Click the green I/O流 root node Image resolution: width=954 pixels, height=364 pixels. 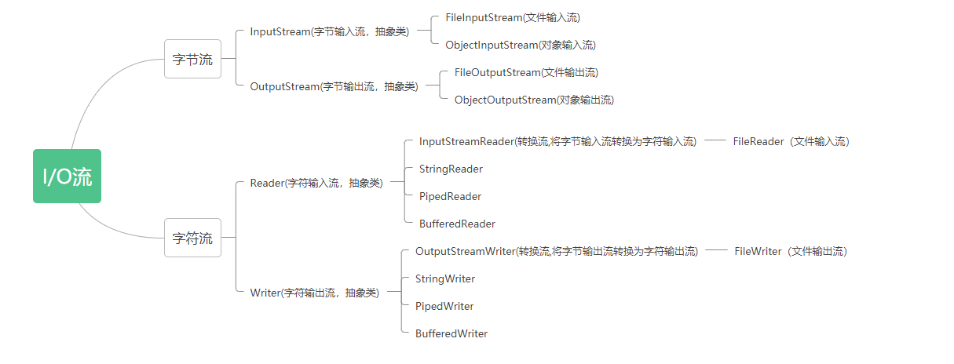67,177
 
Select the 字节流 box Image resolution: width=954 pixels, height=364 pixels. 192,60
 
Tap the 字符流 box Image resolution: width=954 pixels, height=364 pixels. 192,238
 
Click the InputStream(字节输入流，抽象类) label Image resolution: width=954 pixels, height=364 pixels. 329,31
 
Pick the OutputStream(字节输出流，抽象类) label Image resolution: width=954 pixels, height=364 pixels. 334,86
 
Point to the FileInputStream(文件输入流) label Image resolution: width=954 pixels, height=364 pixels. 513,17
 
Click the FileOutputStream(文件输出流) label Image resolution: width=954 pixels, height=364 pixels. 526,72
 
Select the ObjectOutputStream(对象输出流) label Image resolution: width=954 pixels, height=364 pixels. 534,100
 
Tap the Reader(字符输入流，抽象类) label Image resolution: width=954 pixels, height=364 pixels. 316,183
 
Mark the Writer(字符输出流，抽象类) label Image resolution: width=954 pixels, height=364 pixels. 314,293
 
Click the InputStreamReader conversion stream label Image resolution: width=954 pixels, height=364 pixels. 557,141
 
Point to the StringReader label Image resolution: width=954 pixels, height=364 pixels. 451,169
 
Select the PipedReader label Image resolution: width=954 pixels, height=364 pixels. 450,196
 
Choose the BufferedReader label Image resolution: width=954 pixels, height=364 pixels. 457,224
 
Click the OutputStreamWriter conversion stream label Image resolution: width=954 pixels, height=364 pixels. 556,251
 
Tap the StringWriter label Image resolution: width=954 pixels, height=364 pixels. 444,278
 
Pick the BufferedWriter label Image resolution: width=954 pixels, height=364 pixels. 451,333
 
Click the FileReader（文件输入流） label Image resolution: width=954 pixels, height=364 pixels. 791,141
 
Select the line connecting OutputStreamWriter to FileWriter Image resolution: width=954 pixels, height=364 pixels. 717,251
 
